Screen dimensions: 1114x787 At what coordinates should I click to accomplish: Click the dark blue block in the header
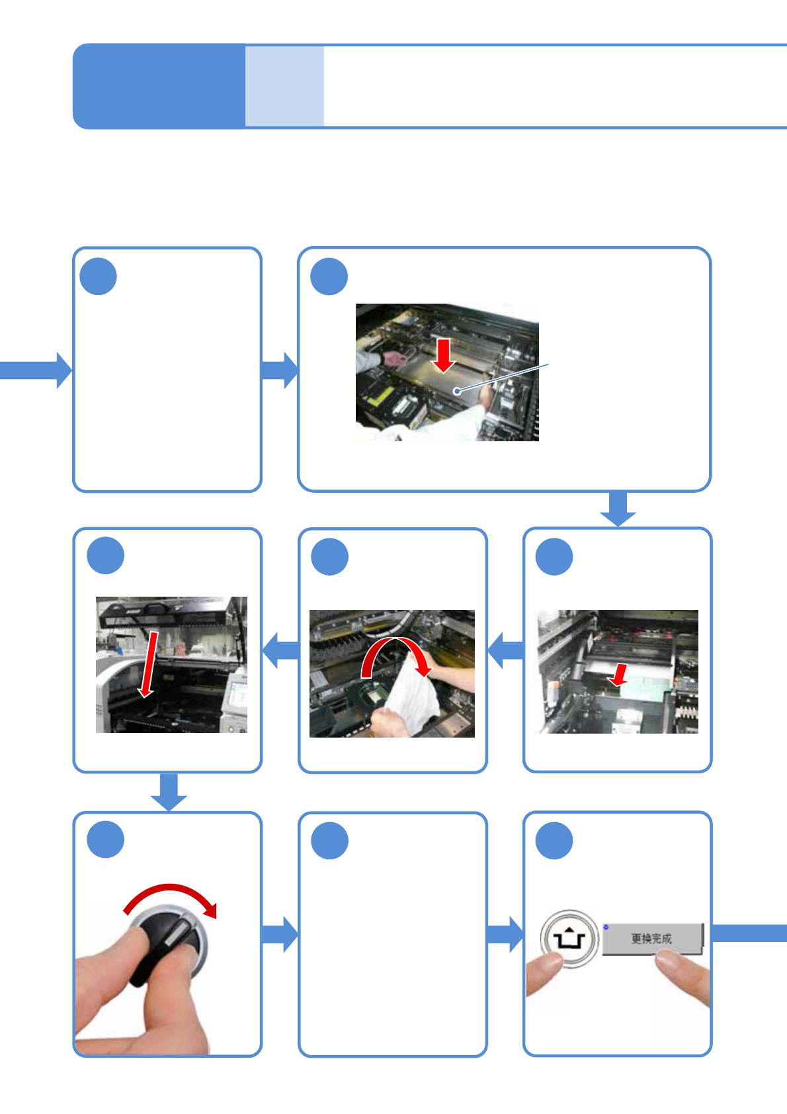159,86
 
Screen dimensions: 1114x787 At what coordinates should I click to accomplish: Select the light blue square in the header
284,86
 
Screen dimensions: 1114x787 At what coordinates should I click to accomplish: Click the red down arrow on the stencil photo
444,355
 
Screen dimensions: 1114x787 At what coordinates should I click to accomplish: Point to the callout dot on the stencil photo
456,392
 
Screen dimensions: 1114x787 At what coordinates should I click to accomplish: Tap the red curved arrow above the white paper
395,655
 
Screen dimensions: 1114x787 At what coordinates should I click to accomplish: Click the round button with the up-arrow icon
569,939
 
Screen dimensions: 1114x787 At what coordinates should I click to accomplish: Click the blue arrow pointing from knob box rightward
280,934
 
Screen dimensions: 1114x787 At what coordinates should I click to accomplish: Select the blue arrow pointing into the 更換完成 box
505,934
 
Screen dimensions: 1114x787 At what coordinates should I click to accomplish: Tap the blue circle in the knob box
106,840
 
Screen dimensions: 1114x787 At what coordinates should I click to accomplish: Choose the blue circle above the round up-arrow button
554,841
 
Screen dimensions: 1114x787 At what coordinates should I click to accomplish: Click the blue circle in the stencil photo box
329,277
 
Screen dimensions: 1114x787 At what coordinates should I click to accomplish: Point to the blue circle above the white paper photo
329,557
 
